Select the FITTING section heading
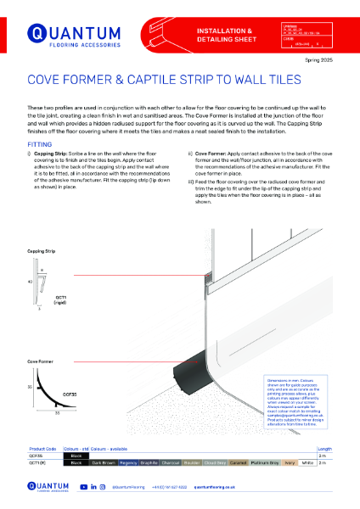click(39, 144)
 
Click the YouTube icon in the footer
click(83, 487)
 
